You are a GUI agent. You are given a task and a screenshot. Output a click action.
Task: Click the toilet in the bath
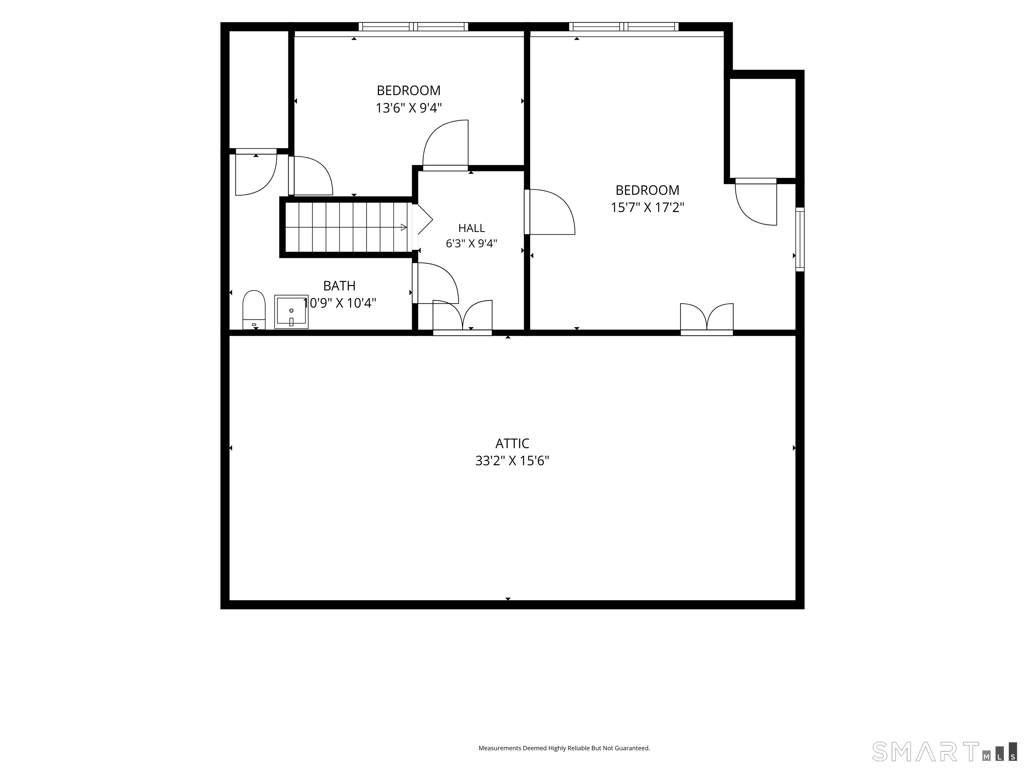(254, 310)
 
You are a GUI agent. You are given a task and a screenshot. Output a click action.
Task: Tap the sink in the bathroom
(291, 311)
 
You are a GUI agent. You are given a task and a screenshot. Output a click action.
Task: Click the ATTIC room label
(512, 444)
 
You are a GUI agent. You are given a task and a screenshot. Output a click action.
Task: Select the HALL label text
(472, 228)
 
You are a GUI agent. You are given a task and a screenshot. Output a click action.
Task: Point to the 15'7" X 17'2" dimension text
(647, 207)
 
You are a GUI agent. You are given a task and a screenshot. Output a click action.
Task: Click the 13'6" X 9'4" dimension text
(408, 108)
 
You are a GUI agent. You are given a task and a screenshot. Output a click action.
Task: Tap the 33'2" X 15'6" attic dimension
(512, 461)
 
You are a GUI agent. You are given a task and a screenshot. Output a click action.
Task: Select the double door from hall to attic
(462, 317)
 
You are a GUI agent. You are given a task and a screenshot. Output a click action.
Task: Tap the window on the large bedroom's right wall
(800, 239)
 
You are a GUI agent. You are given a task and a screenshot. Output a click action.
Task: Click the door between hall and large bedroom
(550, 212)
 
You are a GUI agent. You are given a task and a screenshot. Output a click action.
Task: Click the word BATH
(339, 285)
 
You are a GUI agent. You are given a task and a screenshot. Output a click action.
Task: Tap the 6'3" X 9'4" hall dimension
(472, 243)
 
